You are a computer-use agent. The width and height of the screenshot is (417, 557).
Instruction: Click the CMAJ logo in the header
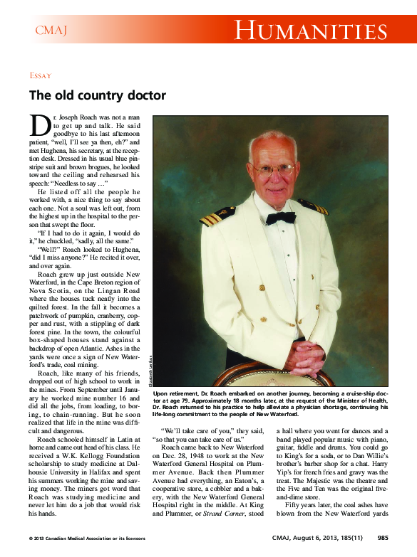click(51, 30)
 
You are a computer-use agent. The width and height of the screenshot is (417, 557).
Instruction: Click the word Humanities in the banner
click(311, 31)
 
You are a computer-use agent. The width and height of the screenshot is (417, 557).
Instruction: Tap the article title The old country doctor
click(97, 95)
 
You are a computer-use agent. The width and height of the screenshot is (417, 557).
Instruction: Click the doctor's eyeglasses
click(273, 170)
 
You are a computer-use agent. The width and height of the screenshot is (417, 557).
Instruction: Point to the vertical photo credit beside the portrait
click(150, 370)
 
